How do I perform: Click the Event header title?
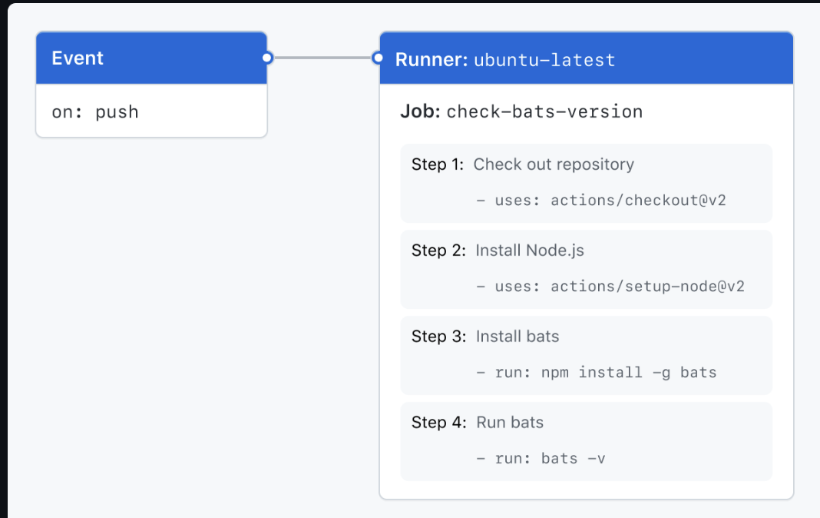pyautogui.click(x=78, y=58)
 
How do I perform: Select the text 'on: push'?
pyautogui.click(x=95, y=112)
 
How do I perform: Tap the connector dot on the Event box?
pyautogui.click(x=266, y=58)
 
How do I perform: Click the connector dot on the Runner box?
pyautogui.click(x=377, y=58)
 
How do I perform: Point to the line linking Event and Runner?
pyautogui.click(x=322, y=58)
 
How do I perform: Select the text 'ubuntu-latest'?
pyautogui.click(x=544, y=60)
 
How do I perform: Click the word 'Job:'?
pyautogui.click(x=420, y=111)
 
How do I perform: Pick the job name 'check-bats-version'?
pyautogui.click(x=544, y=112)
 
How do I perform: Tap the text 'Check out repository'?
pyautogui.click(x=554, y=164)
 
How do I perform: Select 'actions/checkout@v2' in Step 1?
pyautogui.click(x=638, y=201)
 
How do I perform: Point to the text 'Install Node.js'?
pyautogui.click(x=530, y=251)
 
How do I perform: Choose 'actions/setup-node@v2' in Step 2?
pyautogui.click(x=647, y=287)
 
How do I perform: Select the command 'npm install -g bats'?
pyautogui.click(x=629, y=373)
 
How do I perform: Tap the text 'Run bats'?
pyautogui.click(x=510, y=423)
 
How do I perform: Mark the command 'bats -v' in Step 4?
pyautogui.click(x=573, y=459)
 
